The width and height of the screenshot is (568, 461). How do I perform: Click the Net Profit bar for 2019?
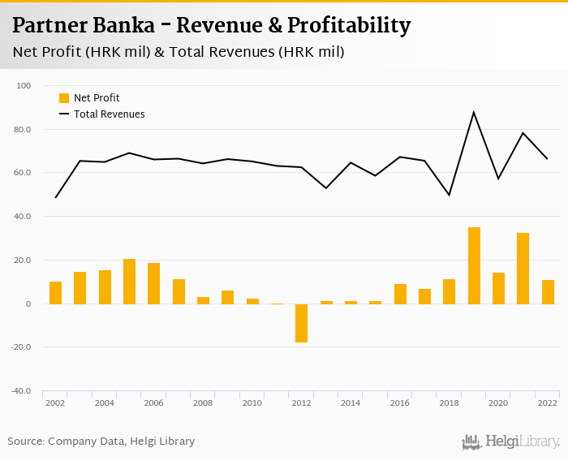[x=474, y=265]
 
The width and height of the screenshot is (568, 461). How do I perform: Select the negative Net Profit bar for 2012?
[x=302, y=323]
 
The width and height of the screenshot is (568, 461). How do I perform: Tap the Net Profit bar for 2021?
[x=523, y=269]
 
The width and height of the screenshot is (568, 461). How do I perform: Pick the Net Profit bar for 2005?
[x=129, y=282]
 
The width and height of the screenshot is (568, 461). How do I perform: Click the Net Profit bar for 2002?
[x=55, y=293]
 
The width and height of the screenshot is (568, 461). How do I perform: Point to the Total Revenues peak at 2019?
[x=474, y=112]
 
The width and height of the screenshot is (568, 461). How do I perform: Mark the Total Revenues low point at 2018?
[x=450, y=195]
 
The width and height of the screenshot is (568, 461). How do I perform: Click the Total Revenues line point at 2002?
[x=55, y=197]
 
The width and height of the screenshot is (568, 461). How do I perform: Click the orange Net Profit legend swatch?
[x=64, y=98]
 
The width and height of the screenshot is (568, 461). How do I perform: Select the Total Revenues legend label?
[x=110, y=114]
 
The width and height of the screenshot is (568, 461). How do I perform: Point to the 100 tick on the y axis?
[x=24, y=86]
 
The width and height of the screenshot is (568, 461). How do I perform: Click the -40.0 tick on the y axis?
[x=20, y=391]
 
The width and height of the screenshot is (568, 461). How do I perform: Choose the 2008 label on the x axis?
[x=203, y=403]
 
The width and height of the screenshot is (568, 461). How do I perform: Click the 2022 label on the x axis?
[x=548, y=403]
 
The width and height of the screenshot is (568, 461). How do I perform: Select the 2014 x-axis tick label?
[x=351, y=403]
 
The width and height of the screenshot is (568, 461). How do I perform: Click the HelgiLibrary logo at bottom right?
[x=511, y=442]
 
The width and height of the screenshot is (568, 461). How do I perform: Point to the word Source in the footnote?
[x=25, y=442]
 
